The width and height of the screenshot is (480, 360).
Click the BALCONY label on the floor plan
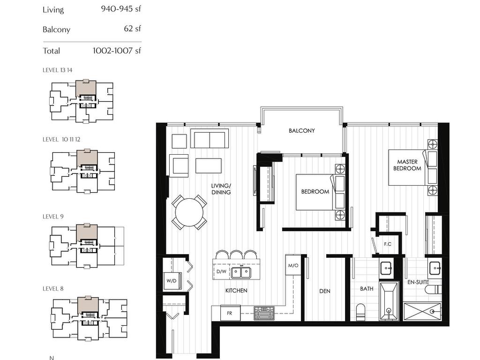(301, 131)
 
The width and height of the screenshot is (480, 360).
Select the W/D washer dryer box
(172, 281)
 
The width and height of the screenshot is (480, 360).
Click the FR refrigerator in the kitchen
(230, 313)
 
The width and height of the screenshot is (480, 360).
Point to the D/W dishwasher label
(221, 271)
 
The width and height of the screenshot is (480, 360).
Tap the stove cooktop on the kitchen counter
(264, 313)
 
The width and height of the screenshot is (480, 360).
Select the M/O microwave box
(293, 265)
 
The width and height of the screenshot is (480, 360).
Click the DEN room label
(325, 291)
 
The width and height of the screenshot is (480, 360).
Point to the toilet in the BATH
(361, 312)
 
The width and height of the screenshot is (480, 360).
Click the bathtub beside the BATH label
(389, 301)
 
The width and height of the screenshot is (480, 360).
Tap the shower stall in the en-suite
(422, 312)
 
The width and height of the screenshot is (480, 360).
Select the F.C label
(388, 244)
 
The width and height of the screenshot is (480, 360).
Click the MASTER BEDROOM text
(407, 165)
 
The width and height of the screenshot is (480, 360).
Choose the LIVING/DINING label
(221, 189)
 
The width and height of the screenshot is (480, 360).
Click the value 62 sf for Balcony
(132, 29)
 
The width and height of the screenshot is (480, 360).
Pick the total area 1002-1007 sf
(117, 51)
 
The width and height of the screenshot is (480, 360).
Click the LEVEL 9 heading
(53, 217)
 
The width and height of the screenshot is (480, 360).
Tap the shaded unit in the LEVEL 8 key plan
(88, 305)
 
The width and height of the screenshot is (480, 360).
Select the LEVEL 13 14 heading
(57, 70)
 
